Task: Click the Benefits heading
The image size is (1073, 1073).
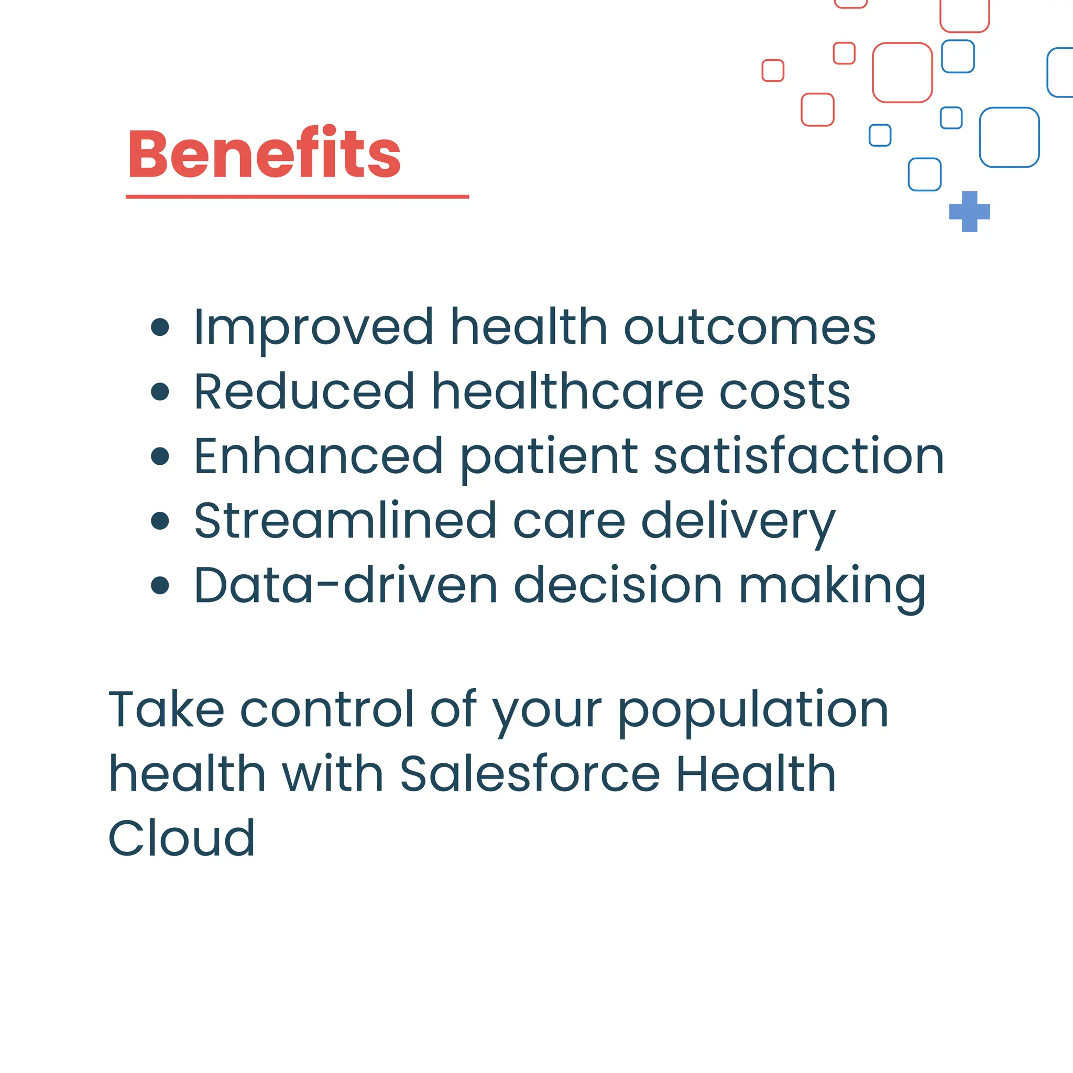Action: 265,153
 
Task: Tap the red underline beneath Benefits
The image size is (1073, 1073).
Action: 297,196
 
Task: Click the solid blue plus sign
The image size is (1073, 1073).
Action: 969,212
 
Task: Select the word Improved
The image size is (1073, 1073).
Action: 313,327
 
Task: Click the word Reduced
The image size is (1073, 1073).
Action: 304,392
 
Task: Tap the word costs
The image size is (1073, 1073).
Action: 784,392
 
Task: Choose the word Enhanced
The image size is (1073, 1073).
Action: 318,456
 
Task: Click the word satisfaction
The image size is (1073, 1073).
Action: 798,456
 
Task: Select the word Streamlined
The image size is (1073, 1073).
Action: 345,521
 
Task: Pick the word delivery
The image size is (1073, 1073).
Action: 738,522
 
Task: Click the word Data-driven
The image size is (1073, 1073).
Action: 345,585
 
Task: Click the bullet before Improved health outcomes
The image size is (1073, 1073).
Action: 160,327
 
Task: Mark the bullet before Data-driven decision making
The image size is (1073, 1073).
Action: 160,585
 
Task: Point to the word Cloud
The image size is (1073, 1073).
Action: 182,838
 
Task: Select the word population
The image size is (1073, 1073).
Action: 753,710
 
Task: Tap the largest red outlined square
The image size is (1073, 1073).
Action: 902,73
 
